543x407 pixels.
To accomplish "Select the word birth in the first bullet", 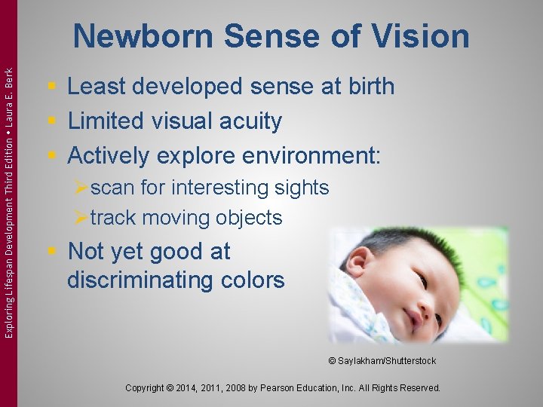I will pos(367,87).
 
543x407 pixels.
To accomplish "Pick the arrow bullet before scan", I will pos(81,188).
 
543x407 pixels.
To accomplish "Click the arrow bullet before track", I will pos(81,219).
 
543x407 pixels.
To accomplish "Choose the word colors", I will pos(256,280).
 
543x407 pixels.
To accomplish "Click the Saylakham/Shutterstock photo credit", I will pos(382,361).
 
